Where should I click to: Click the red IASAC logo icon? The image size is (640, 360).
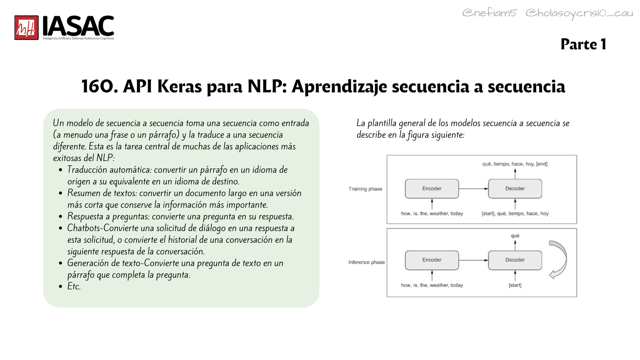[x=26, y=28]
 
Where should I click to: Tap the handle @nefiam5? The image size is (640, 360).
[x=489, y=13]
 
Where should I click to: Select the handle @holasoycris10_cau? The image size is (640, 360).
[x=579, y=13]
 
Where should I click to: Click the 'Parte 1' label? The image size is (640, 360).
[x=583, y=44]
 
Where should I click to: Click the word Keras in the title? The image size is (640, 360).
[x=179, y=86]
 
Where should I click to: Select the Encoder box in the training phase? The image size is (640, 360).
[x=432, y=189]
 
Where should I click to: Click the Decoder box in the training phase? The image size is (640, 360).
[x=515, y=189]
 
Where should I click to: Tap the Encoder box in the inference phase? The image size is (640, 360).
[x=432, y=260]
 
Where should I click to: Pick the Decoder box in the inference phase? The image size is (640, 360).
[x=515, y=260]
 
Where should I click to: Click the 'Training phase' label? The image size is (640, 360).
[x=365, y=189]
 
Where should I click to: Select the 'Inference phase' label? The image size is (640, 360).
[x=367, y=262]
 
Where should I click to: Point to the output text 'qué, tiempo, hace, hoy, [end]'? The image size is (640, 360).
[x=515, y=164]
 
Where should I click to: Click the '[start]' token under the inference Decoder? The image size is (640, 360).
[x=515, y=285]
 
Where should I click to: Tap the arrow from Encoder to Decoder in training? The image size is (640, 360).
[x=474, y=189]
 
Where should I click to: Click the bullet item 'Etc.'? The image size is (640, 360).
[x=74, y=286]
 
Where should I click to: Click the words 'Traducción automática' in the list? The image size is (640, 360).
[x=109, y=170]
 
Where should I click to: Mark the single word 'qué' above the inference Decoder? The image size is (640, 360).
[x=515, y=236]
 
